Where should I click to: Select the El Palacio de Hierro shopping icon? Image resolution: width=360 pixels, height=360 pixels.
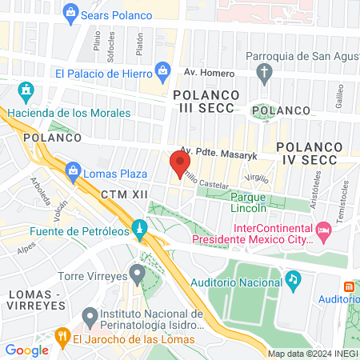pos(164,71)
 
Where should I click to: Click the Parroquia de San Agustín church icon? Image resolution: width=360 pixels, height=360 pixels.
pos(266,74)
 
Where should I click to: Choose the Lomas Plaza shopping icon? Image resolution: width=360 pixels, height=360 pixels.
pos(74,170)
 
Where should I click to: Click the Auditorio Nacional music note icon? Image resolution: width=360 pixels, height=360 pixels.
pos(294,279)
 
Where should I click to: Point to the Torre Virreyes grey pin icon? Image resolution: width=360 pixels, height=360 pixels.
pos(137,276)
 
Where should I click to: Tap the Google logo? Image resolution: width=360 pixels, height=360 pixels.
pos(26,350)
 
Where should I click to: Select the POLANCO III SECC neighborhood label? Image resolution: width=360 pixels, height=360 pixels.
pos(206,102)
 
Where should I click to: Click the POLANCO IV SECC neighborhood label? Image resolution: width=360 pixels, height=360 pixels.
pos(310,154)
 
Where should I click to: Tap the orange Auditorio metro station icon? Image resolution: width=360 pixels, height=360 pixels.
pos(349,286)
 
